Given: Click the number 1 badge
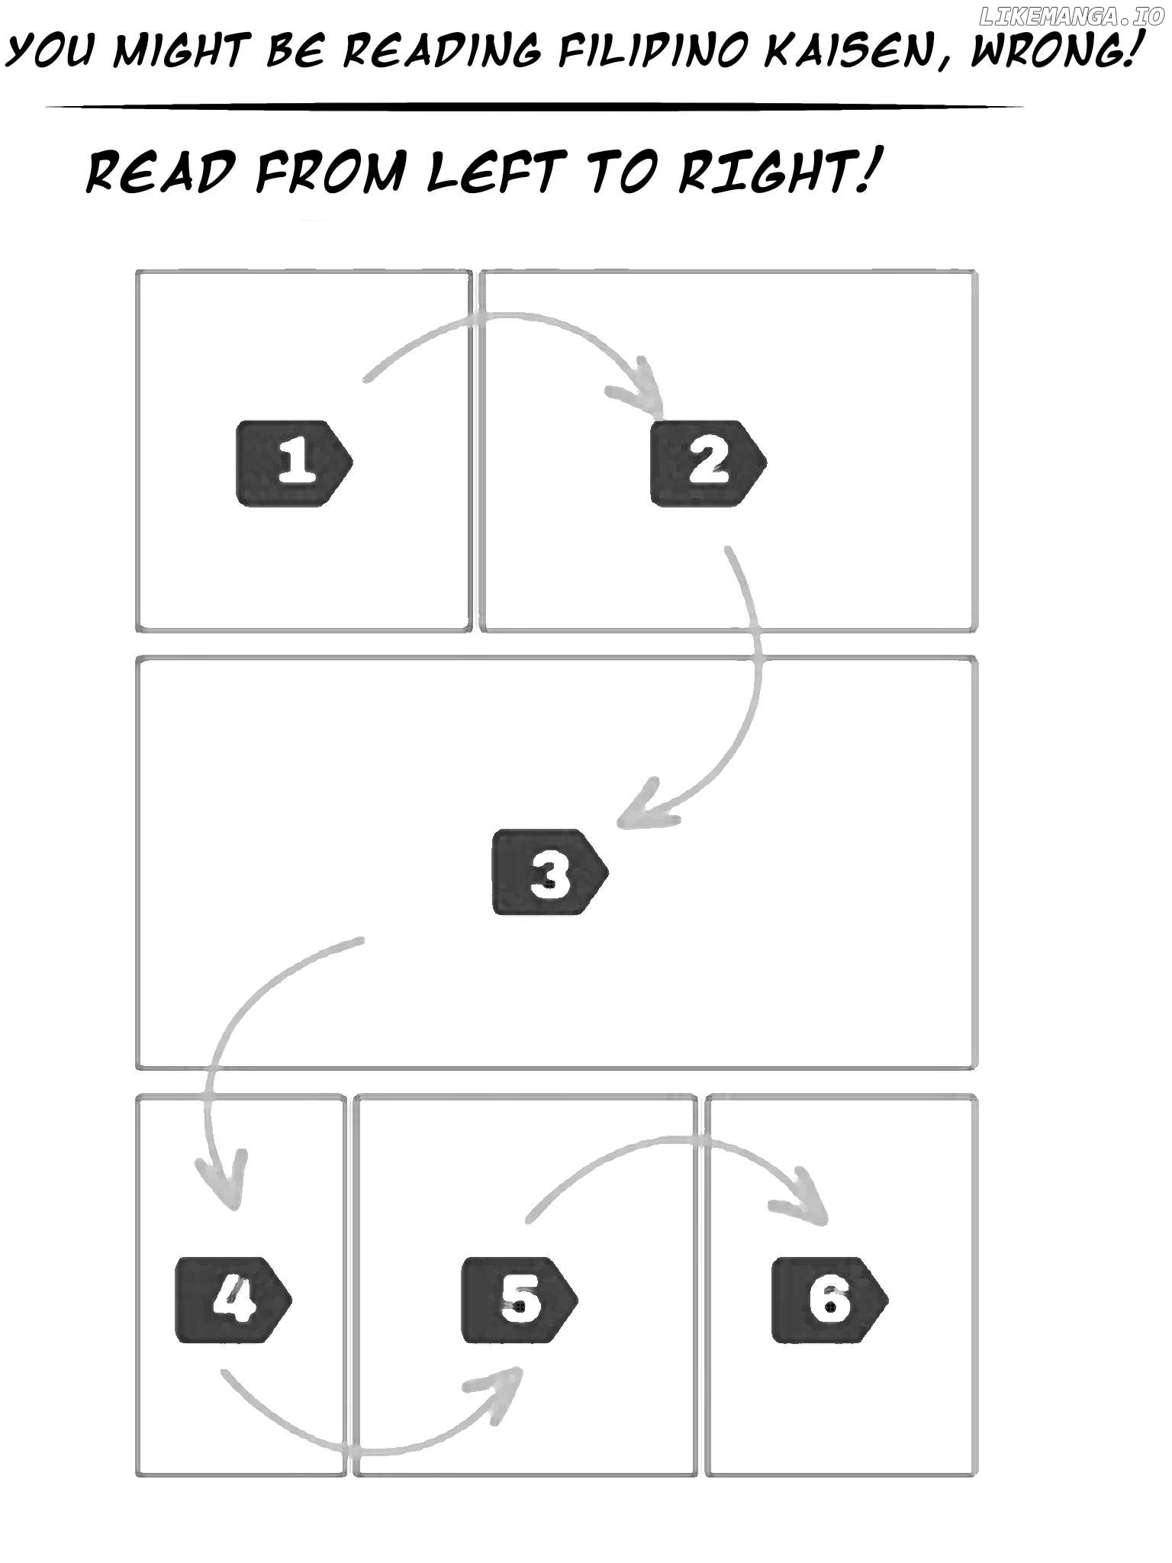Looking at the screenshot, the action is [295, 462].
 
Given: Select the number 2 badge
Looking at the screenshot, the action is [708, 462].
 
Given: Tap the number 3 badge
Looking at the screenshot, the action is [550, 872].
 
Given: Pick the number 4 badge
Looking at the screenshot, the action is [233, 1300].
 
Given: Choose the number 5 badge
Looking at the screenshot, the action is [520, 1300].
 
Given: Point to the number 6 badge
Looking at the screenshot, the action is [829, 1300].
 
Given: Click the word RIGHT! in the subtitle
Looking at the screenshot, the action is [774, 171].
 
